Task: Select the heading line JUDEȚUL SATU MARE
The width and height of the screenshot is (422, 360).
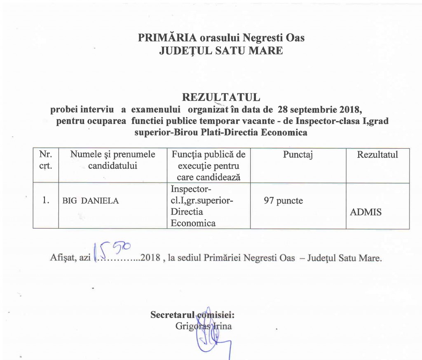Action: (221, 51)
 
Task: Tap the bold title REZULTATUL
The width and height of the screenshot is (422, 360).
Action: (221, 98)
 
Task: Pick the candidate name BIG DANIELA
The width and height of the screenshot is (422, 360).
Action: (90, 201)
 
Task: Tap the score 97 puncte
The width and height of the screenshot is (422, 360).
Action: (283, 201)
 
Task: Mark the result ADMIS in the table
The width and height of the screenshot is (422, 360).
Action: (365, 213)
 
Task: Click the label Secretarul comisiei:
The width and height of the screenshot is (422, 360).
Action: (192, 315)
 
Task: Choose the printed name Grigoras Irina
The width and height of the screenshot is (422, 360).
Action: (203, 326)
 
